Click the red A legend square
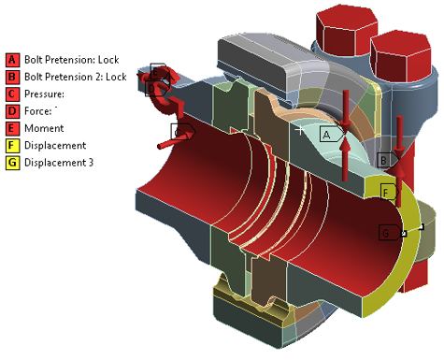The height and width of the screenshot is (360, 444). click(12, 60)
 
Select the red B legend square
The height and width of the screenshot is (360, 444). click(12, 77)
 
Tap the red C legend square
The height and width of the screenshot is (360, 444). click(12, 94)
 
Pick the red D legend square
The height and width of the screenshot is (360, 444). click(12, 111)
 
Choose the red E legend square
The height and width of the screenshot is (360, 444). click(12, 128)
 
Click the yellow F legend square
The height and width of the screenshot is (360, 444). click(12, 146)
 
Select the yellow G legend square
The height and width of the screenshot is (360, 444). click(12, 163)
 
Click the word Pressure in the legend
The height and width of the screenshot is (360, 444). click(44, 94)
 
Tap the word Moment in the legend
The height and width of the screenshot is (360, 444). click(44, 128)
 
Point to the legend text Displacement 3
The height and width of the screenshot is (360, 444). click(59, 163)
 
